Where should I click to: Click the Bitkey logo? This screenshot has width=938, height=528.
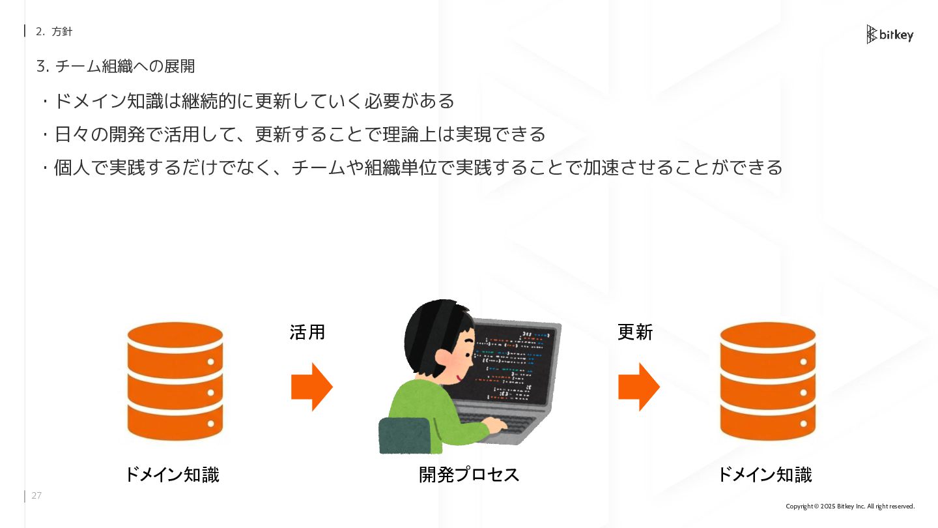coord(890,35)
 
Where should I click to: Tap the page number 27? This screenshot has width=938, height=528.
coord(36,496)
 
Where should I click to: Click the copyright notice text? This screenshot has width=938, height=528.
coord(850,506)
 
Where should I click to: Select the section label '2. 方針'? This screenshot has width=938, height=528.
coord(54,31)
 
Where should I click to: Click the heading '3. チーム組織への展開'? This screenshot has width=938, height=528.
coord(116,66)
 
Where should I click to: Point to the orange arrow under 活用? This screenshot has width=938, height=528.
coord(312,387)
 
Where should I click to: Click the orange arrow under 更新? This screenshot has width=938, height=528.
coord(639,387)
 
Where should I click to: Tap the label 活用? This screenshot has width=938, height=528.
coord(307,332)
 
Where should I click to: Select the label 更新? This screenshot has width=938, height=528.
coord(635,332)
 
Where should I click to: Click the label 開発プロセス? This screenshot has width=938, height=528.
coord(469,475)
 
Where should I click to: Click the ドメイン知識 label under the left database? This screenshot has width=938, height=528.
coord(172,475)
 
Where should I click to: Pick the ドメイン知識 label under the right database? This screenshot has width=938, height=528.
coord(765,475)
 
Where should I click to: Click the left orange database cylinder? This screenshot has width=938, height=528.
coord(175,381)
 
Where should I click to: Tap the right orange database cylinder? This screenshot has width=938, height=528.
coord(768,381)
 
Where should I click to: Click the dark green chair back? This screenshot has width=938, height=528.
coord(405,435)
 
